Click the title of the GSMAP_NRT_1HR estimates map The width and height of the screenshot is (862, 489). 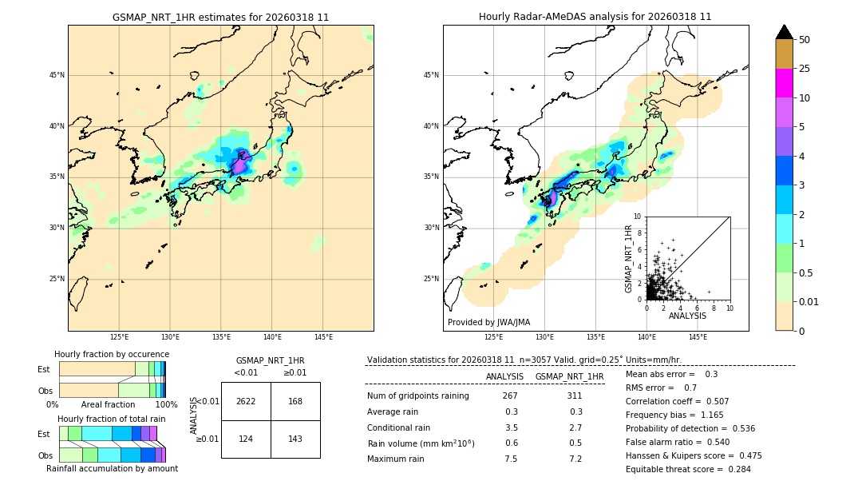tap(220, 17)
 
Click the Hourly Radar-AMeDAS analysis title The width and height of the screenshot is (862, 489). tap(595, 17)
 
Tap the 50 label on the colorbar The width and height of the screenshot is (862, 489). tap(805, 40)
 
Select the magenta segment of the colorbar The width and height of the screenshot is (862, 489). tap(784, 83)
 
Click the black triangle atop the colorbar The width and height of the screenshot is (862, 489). tap(784, 32)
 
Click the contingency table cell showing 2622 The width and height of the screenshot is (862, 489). tap(246, 401)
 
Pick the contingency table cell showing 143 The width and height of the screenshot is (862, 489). tap(295, 439)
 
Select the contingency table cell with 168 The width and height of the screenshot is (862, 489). tap(295, 401)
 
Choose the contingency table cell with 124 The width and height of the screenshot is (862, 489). tap(246, 439)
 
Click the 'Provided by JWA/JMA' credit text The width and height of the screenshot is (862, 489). tap(488, 323)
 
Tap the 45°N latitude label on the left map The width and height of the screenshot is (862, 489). tap(57, 75)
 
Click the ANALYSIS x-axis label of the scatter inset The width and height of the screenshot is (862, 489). tap(687, 316)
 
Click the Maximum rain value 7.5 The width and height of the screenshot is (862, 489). tap(511, 459)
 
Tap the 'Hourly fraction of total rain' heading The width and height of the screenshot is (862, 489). tap(112, 419)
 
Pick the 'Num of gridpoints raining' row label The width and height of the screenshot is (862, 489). tap(417, 396)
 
